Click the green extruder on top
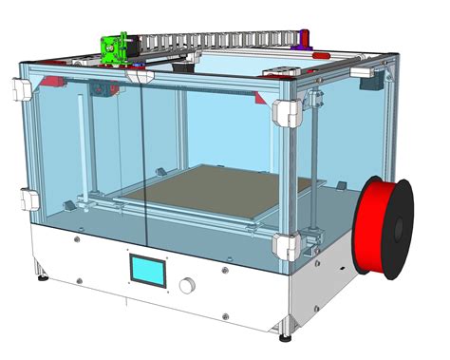(x=115, y=48)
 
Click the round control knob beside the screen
(x=189, y=283)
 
